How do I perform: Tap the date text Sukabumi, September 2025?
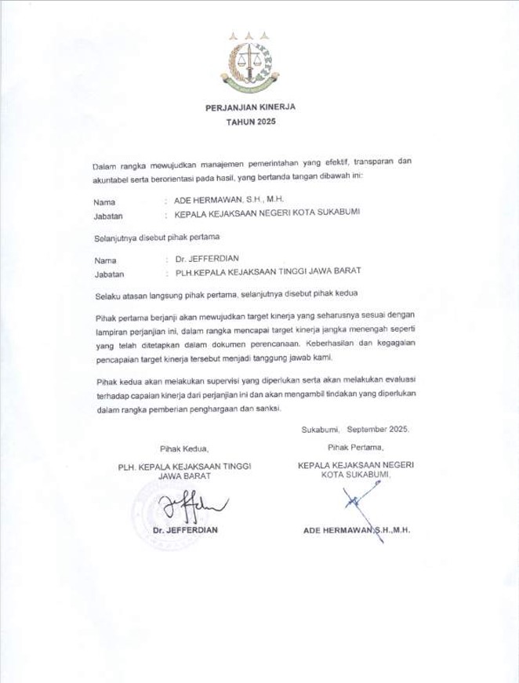(x=354, y=430)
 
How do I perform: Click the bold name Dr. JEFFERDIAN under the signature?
(x=187, y=530)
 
